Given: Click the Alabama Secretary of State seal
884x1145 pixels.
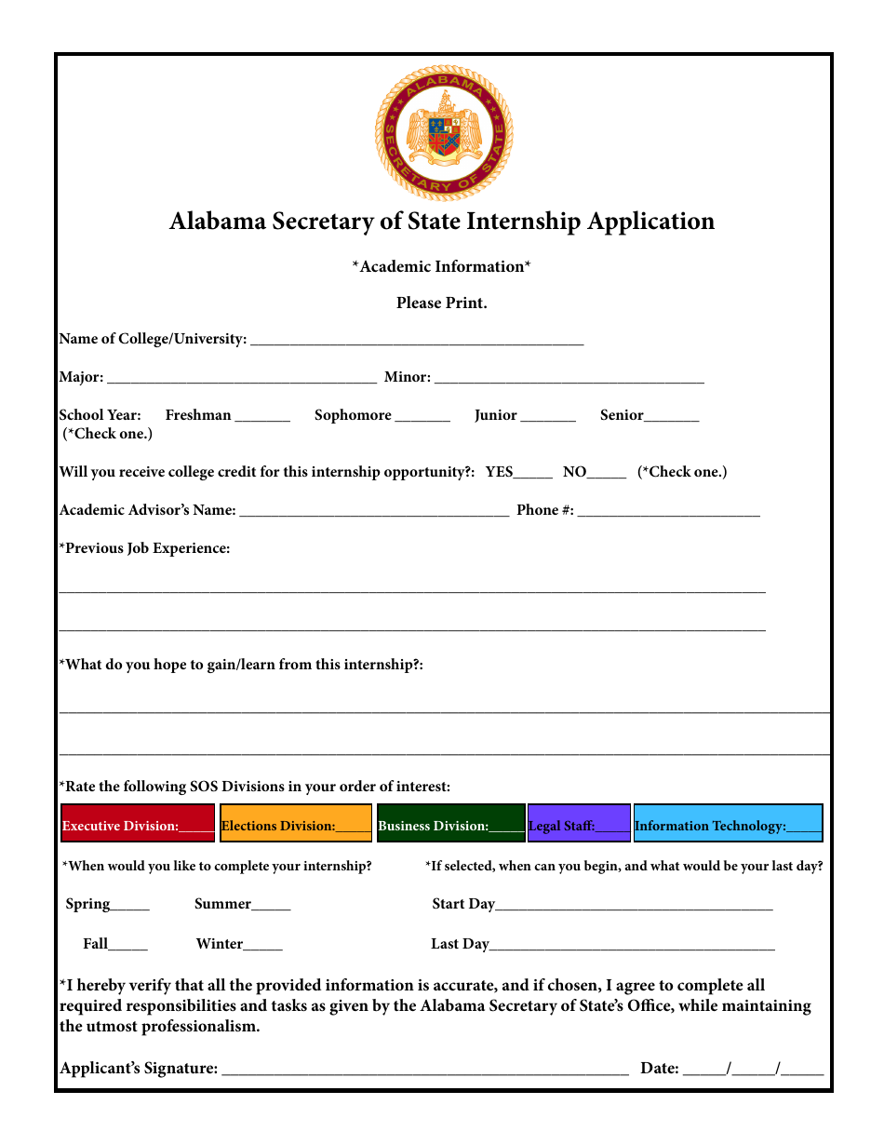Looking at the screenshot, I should click(x=444, y=132).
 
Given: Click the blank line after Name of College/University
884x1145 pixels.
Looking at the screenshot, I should click(x=417, y=341).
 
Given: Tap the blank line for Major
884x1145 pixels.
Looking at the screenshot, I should click(x=242, y=379).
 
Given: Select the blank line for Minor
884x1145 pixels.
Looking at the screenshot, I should click(x=569, y=379).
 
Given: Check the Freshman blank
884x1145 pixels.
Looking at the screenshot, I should click(x=262, y=417).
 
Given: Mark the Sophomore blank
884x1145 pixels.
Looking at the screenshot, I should click(x=422, y=417).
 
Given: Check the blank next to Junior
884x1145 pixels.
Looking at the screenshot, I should click(x=548, y=417).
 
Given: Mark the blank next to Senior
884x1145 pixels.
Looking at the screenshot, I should click(x=671, y=417).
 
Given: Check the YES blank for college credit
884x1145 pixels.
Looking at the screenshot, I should click(x=533, y=474).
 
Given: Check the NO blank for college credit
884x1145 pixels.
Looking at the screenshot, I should click(x=607, y=474).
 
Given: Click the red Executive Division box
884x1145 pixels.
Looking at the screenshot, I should click(x=139, y=823).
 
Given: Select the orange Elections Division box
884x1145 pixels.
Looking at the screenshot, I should click(x=296, y=823).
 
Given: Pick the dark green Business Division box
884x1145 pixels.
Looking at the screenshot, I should click(x=451, y=823).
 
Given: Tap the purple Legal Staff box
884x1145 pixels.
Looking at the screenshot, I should click(x=579, y=823).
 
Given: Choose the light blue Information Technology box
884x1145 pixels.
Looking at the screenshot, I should click(x=728, y=823).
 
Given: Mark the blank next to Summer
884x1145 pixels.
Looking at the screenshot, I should click(x=271, y=906).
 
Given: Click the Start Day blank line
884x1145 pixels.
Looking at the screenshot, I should click(x=634, y=906).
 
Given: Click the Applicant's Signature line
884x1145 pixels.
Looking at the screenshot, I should click(x=424, y=1071).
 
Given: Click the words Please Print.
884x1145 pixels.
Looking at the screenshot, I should click(x=442, y=303).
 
